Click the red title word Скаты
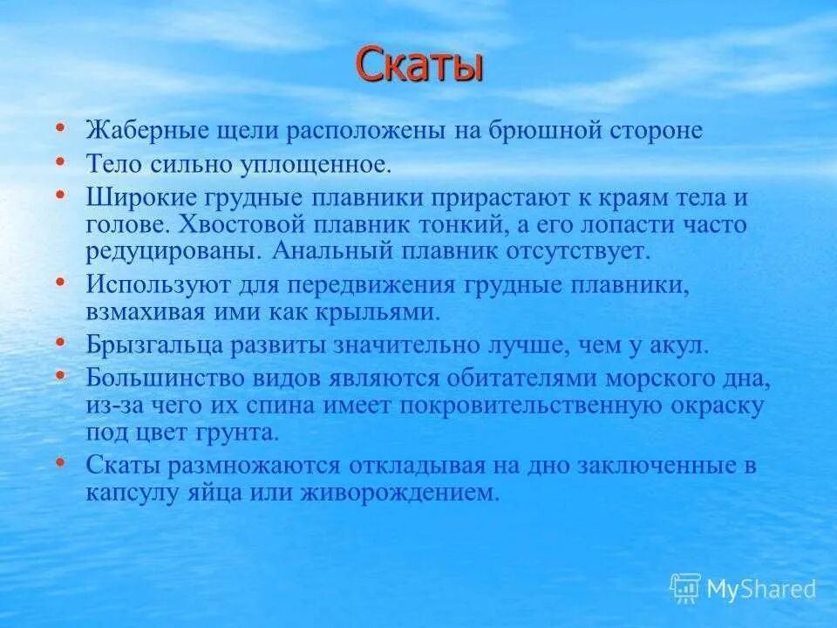click(x=418, y=66)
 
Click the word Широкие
click(x=135, y=197)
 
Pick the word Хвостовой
click(x=235, y=224)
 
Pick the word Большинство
click(x=160, y=379)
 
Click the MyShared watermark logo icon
click(x=685, y=588)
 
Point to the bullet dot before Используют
click(x=60, y=283)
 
